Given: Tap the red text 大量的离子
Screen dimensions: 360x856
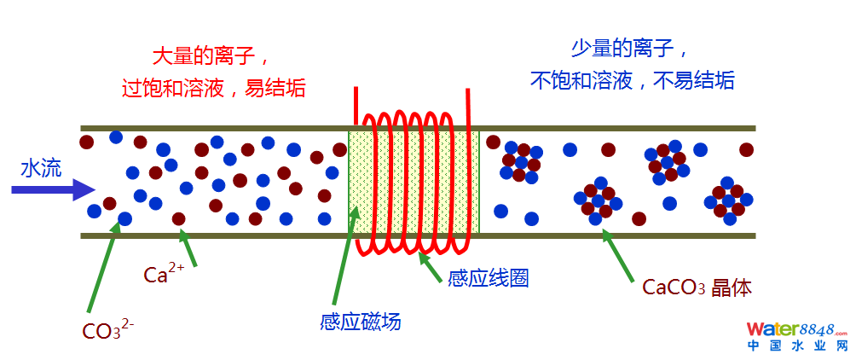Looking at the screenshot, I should pos(211,57).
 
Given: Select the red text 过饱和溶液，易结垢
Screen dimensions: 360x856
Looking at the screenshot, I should pos(213,87).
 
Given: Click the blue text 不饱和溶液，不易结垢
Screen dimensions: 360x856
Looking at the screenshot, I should pos(632,81).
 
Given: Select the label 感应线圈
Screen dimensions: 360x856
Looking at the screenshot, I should pos(489,278).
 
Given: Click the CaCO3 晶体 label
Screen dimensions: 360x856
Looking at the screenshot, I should pos(697,287).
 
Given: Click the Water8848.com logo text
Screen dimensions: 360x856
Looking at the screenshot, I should pos(796,329).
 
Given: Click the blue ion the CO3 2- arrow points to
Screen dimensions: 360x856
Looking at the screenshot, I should pos(125,219).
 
